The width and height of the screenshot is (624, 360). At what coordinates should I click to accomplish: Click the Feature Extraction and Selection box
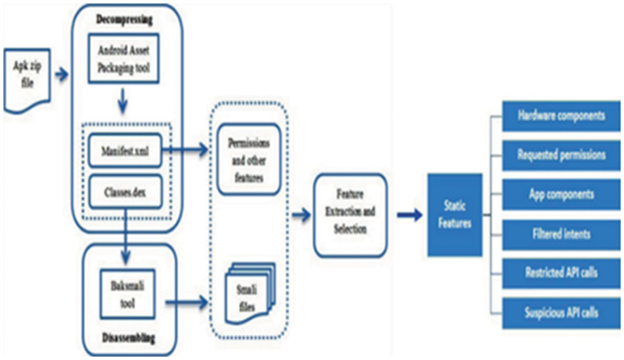click(x=351, y=213)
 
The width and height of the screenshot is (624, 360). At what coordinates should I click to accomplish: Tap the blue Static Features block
click(x=454, y=215)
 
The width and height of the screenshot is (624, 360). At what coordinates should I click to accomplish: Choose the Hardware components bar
click(x=561, y=116)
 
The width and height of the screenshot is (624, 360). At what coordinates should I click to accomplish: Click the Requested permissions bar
click(x=561, y=156)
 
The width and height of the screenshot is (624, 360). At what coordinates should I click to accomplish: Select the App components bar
click(x=561, y=194)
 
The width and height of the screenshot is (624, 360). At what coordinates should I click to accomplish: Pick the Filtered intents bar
click(x=561, y=233)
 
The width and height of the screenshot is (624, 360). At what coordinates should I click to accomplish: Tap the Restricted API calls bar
click(x=561, y=272)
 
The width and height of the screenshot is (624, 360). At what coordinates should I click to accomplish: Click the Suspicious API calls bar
click(x=561, y=312)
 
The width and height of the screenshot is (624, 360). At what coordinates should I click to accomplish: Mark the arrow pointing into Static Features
click(x=409, y=215)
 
